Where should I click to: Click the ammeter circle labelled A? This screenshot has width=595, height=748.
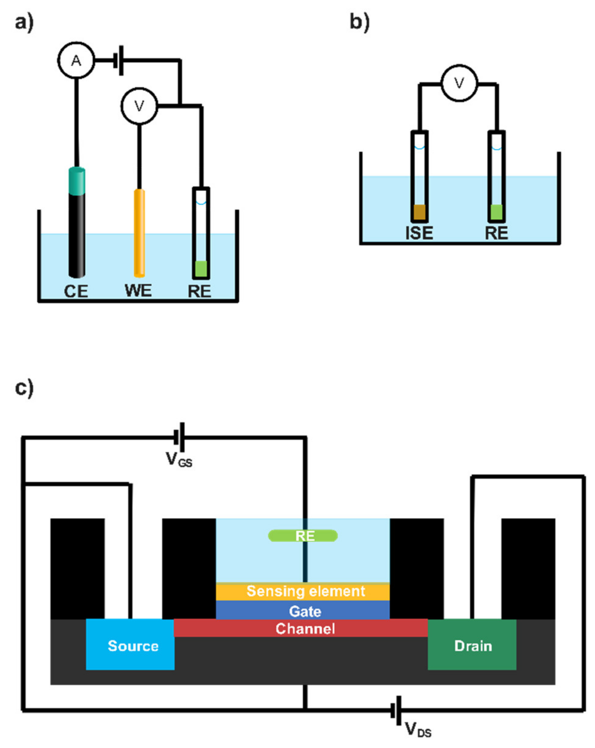click(x=76, y=61)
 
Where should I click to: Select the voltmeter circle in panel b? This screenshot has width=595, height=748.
click(x=459, y=83)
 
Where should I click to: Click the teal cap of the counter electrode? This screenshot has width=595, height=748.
click(x=77, y=181)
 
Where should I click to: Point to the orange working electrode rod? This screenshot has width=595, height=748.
click(x=139, y=232)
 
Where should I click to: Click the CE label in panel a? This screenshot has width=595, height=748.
click(x=76, y=291)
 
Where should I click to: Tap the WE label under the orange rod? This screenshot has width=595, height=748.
click(x=138, y=290)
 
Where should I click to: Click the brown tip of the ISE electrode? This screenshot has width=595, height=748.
click(x=419, y=212)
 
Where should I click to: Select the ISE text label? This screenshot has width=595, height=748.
click(x=419, y=233)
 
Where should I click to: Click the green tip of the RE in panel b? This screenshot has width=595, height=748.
click(x=496, y=212)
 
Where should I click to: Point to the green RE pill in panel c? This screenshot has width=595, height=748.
click(x=303, y=536)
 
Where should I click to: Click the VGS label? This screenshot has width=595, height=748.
click(x=178, y=459)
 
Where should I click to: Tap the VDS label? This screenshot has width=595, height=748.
click(x=418, y=729)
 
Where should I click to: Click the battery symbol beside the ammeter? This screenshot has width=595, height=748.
click(x=118, y=60)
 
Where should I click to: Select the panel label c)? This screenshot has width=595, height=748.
click(x=24, y=388)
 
